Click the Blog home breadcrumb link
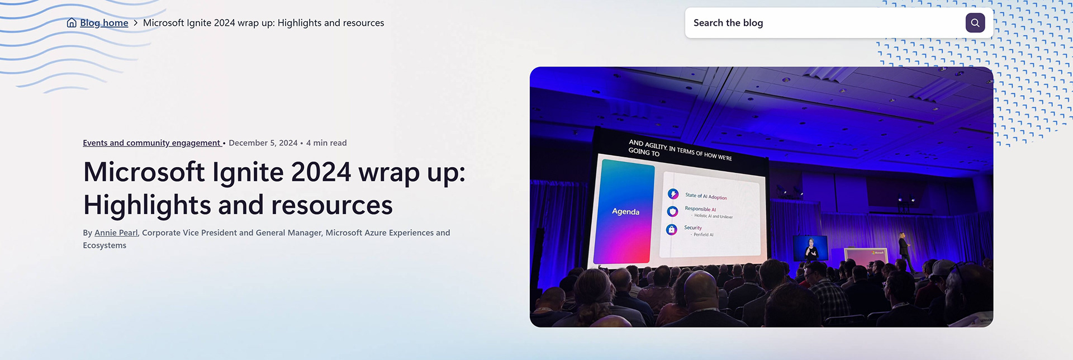tap(104, 23)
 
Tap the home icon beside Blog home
tap(72, 23)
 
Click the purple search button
tap(975, 23)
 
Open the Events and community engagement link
tap(152, 143)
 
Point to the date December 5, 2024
tap(263, 143)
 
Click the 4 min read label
tap(326, 143)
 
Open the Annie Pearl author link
tap(116, 233)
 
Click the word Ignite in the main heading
tap(248, 172)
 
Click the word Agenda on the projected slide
tap(625, 211)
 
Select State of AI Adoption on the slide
tap(706, 196)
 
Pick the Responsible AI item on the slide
tap(700, 209)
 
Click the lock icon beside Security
tap(672, 229)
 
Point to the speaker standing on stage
tap(903, 252)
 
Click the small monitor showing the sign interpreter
tap(810, 248)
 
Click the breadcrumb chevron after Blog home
tap(135, 23)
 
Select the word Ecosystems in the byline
tap(105, 245)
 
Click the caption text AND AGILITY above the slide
tap(648, 144)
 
